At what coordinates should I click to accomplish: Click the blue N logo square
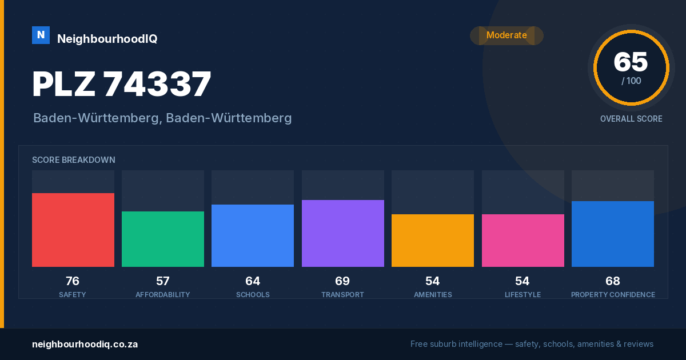click(x=41, y=35)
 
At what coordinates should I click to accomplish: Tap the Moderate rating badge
click(x=506, y=35)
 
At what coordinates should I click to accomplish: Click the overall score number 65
click(x=631, y=62)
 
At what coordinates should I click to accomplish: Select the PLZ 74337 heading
click(x=122, y=84)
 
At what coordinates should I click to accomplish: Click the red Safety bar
click(x=73, y=230)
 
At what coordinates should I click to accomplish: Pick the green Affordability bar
click(x=163, y=239)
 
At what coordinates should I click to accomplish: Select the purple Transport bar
click(x=343, y=233)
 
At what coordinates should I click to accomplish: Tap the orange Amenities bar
click(x=433, y=241)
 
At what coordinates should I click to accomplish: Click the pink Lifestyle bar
click(x=523, y=241)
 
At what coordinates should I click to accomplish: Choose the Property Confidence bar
click(x=613, y=234)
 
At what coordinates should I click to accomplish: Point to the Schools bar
click(x=253, y=235)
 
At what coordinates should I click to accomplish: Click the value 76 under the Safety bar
click(x=73, y=281)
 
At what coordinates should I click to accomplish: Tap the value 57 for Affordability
click(x=162, y=281)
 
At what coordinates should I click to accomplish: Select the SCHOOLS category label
click(x=253, y=295)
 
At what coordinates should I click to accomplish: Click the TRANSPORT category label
click(x=342, y=295)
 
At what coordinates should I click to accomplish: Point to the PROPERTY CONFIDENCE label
click(x=613, y=295)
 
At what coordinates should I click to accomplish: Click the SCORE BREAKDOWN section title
click(x=74, y=160)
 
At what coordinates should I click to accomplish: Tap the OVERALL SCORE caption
click(x=631, y=119)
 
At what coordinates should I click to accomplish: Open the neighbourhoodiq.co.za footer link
click(x=85, y=345)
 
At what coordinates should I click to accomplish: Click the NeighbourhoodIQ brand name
click(x=107, y=39)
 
